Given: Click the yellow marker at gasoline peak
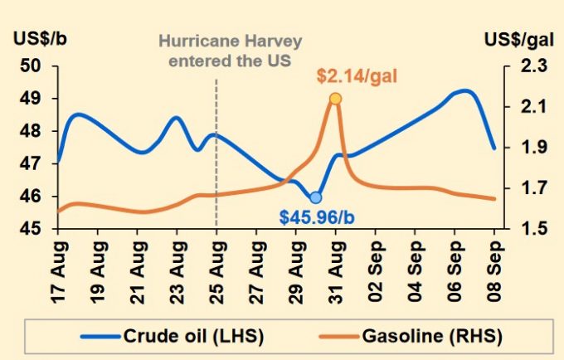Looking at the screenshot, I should (335, 99).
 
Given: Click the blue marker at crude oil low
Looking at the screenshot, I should (315, 197).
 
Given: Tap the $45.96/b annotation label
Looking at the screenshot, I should (318, 218).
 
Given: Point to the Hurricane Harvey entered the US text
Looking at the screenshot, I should (218, 49).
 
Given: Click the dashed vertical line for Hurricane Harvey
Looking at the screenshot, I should (216, 166).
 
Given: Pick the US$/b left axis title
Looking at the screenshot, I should (36, 38).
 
